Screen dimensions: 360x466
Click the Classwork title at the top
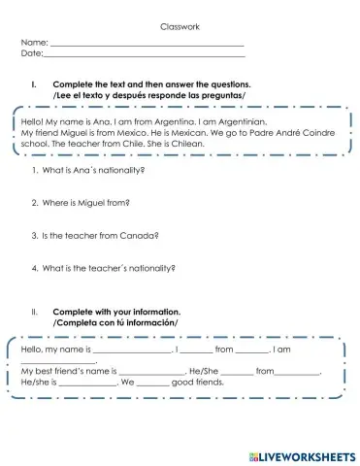(180, 27)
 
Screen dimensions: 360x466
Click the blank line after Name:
(146, 45)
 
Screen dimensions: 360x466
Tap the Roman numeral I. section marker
(35, 85)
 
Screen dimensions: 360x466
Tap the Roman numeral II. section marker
(35, 313)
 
